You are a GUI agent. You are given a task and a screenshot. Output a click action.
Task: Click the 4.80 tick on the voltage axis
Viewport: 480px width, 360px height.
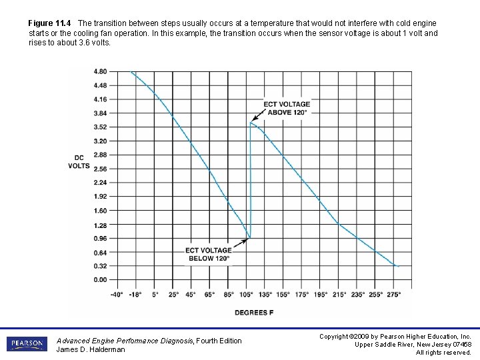pos(99,71)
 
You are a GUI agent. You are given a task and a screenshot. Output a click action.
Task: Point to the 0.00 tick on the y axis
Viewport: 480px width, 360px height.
pos(99,280)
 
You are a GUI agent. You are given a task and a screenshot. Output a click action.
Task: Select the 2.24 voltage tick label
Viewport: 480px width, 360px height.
pos(99,183)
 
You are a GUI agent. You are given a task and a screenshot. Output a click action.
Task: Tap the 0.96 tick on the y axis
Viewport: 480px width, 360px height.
pos(99,238)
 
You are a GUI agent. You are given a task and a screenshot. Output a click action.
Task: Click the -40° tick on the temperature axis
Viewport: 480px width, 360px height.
pos(117,293)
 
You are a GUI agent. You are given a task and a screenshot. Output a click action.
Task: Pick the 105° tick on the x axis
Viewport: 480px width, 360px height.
pos(247,293)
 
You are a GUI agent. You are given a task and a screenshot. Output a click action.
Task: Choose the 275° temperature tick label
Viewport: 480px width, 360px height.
pos(394,293)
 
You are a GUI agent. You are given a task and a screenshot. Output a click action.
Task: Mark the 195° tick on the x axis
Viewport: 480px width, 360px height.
pos(321,293)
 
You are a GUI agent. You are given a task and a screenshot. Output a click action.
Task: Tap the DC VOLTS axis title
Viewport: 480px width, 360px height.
pos(79,162)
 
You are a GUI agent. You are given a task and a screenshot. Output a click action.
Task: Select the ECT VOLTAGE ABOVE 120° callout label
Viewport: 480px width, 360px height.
pos(287,108)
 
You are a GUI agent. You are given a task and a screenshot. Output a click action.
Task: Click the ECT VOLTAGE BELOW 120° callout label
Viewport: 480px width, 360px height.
pos(208,254)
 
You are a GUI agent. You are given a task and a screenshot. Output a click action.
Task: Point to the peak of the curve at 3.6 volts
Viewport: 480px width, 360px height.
pos(251,123)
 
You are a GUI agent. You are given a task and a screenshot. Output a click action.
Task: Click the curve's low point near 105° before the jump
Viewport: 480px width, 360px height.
pos(249,237)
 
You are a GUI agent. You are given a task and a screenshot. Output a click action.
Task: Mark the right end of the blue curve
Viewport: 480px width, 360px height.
pos(399,266)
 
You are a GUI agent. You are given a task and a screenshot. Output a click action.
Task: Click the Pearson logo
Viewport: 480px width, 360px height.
pos(26,344)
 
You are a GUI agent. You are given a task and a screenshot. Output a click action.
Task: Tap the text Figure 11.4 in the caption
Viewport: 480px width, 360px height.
pos(51,23)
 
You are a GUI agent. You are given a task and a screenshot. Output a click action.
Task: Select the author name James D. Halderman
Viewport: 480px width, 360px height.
pos(91,349)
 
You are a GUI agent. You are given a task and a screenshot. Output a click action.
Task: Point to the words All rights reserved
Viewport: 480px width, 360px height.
pos(443,352)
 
